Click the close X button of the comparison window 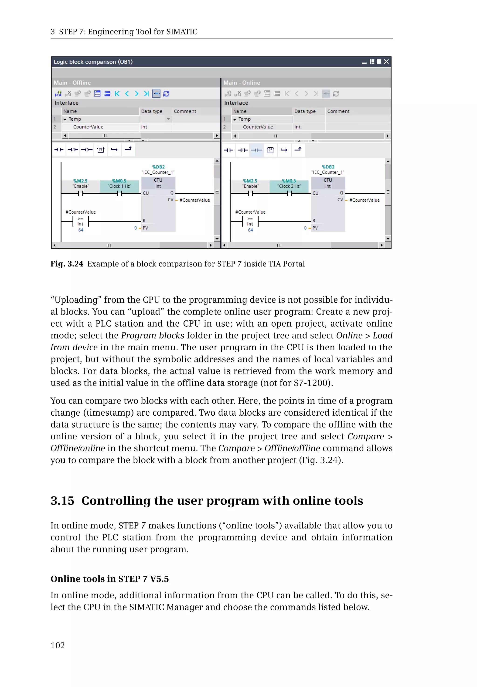pos(386,62)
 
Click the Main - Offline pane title pos(72,83)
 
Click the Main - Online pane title pos(242,83)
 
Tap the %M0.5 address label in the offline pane pos(119,181)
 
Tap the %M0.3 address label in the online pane pos(289,181)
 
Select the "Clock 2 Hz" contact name pos(289,186)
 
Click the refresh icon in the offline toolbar pos(166,94)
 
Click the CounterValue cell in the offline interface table pos(88,127)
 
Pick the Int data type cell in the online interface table pos(297,127)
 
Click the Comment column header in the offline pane pos(185,111)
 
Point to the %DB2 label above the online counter pos(328,167)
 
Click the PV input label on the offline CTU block pos(145,228)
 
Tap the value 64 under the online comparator pos(250,230)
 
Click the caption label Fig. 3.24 pos(67,264)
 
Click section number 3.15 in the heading pos(62,501)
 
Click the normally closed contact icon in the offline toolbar pos(73,150)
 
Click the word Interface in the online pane pos(236,103)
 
